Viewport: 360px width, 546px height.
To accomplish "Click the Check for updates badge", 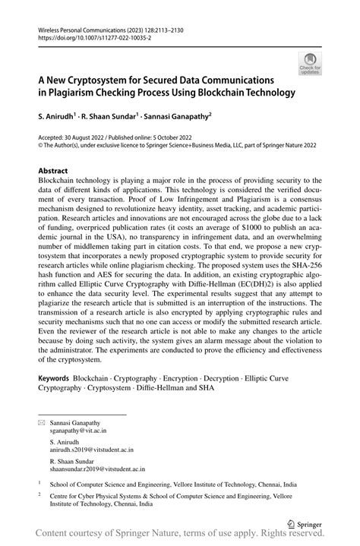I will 309,64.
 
